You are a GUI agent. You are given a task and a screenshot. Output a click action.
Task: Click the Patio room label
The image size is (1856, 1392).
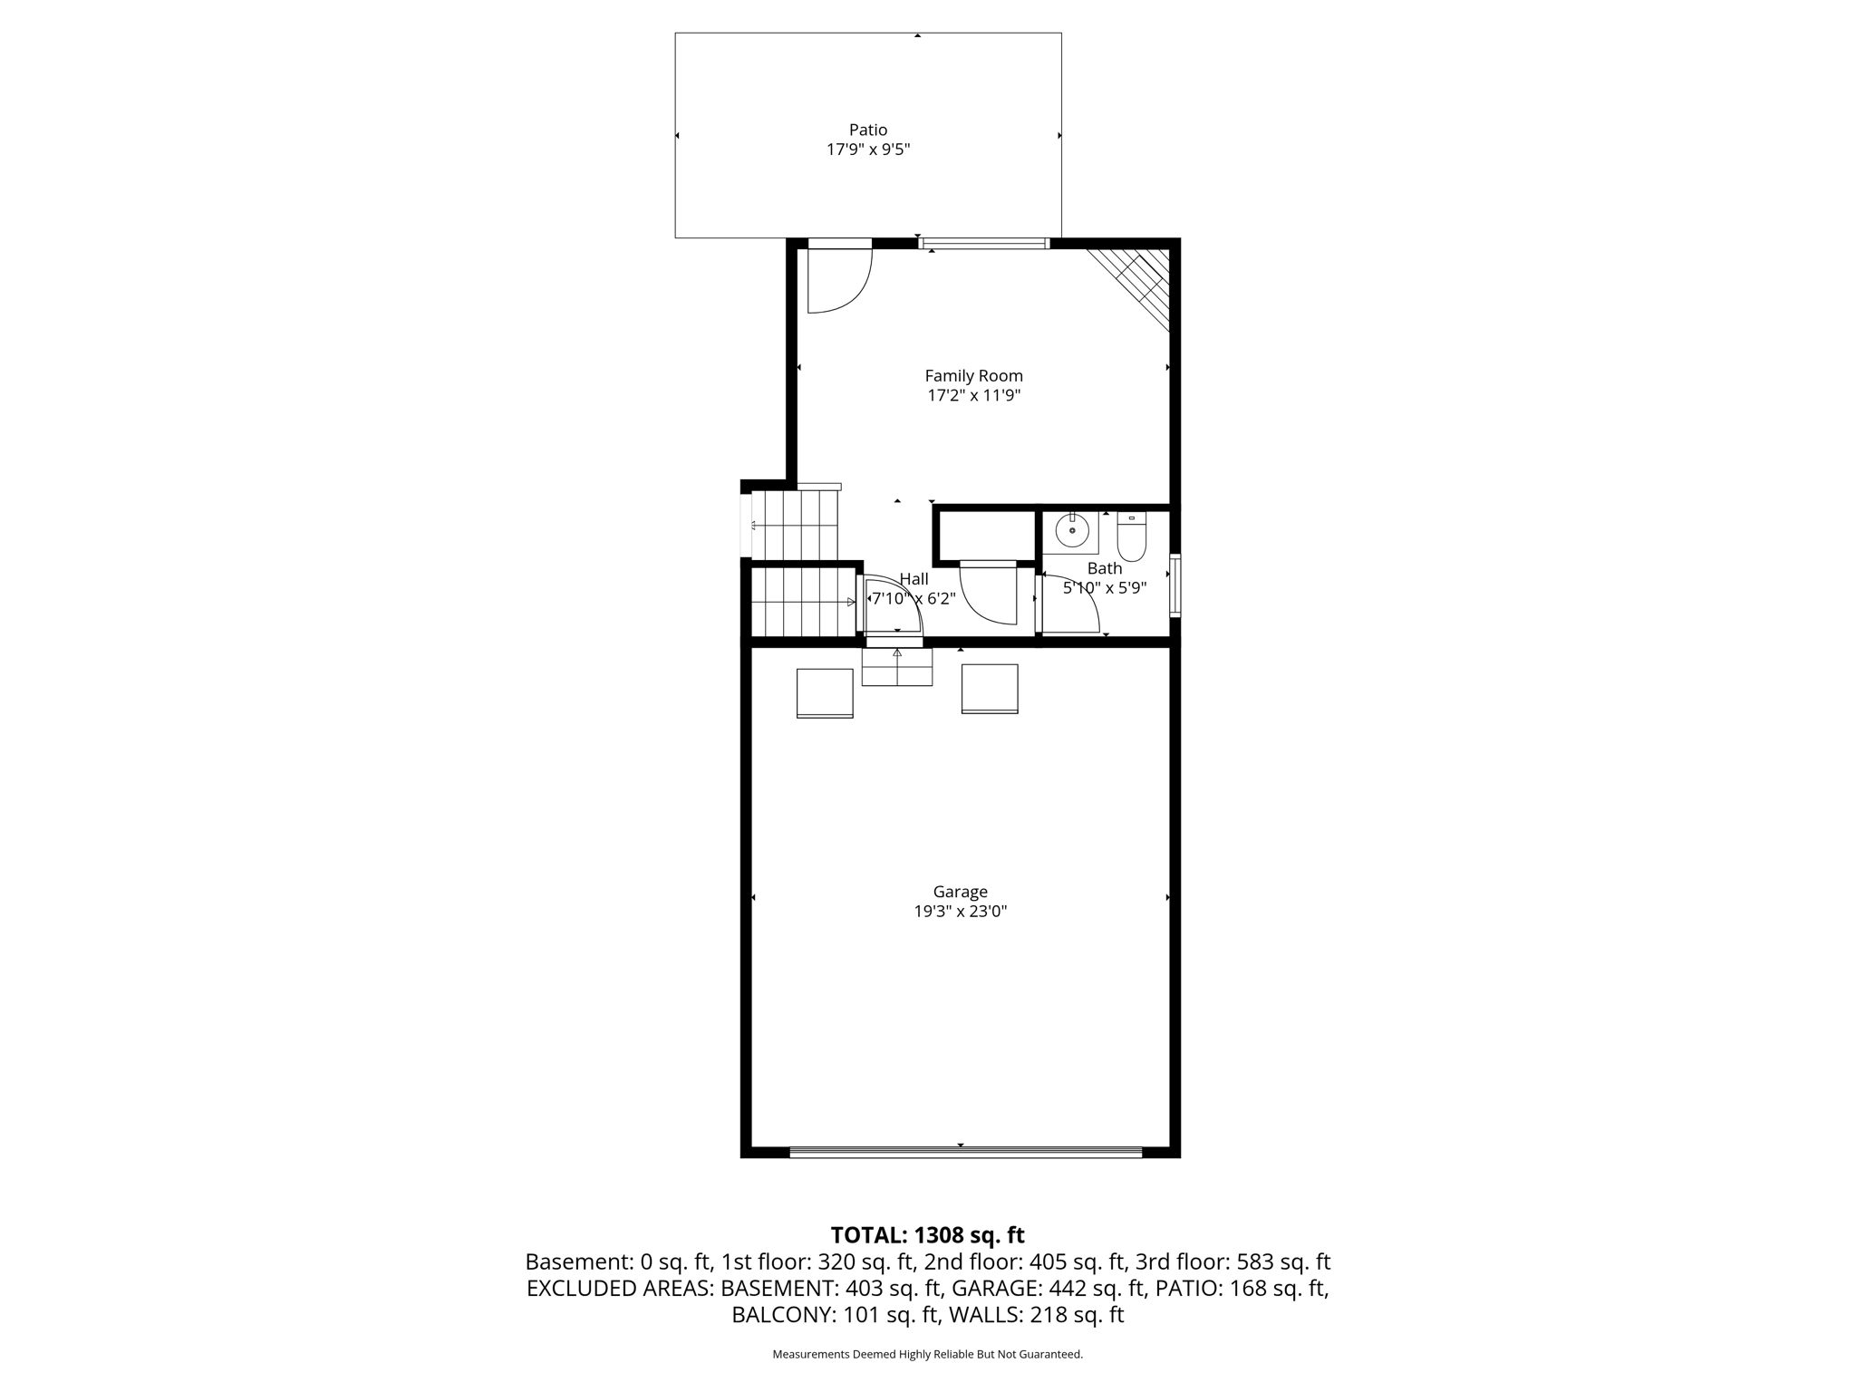pos(867,130)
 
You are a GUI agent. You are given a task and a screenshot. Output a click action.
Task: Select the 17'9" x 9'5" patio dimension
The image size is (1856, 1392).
pos(867,150)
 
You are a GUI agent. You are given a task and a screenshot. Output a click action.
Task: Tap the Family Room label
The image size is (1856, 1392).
pos(973,375)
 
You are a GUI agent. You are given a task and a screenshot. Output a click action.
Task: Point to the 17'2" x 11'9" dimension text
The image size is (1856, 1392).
pos(973,395)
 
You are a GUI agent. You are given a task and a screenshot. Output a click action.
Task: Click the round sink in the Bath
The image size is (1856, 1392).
pos(1072,530)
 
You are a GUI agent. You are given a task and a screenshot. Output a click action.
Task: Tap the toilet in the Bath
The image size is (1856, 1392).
pos(1131,538)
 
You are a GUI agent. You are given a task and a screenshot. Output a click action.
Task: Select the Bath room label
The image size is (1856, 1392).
pos(1104,568)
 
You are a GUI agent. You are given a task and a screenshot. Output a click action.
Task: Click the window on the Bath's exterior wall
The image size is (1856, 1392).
pos(1174,585)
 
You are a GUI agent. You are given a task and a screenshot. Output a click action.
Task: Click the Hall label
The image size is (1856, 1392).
pos(913,579)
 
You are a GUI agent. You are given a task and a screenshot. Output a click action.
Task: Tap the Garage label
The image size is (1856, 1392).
pos(960,892)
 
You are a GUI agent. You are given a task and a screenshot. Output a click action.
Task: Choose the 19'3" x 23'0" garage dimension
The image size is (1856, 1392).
pos(960,912)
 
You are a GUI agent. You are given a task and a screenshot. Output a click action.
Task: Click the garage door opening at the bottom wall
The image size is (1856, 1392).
pos(965,1152)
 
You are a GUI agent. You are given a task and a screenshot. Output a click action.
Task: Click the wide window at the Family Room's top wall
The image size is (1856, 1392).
pos(984,243)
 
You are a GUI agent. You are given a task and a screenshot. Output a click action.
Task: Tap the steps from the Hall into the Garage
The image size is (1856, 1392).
pos(896,667)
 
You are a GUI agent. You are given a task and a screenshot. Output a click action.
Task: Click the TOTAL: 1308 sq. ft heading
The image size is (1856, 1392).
pos(927,1235)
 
